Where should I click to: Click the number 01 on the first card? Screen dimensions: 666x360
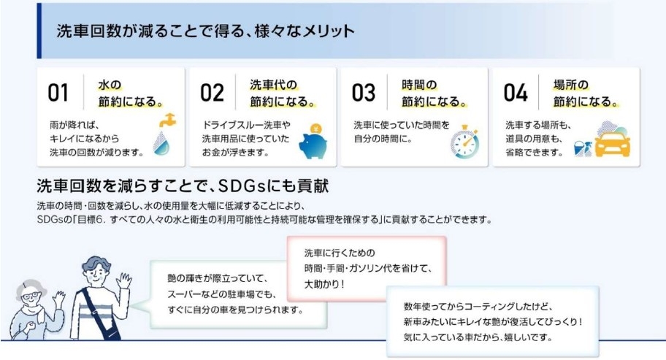(58, 93)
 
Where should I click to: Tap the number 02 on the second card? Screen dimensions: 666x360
(212, 93)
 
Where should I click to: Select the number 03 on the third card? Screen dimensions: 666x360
(364, 93)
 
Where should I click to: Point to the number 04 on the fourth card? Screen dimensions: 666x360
(516, 93)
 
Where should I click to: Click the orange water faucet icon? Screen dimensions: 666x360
(167, 120)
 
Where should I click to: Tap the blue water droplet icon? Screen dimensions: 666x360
(161, 142)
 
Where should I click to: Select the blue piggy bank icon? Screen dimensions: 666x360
(313, 145)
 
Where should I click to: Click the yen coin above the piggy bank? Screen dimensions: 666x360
(315, 129)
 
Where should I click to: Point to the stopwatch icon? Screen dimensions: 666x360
(464, 142)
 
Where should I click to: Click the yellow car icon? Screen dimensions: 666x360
(612, 144)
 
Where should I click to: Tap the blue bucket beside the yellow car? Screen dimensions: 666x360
(578, 149)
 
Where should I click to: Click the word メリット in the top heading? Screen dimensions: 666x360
(329, 31)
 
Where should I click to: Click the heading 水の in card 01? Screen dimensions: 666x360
(110, 85)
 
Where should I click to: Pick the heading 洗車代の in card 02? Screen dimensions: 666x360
(274, 85)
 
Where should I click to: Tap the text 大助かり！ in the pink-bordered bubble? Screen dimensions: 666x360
(325, 284)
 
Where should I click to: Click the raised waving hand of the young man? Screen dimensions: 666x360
(124, 281)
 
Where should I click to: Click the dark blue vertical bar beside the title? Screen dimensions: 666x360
(39, 31)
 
